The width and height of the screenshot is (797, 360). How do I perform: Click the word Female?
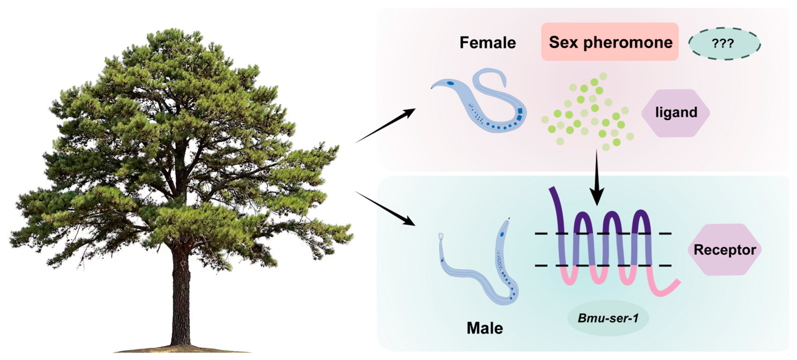tap(488, 43)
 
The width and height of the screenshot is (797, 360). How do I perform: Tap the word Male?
tap(484, 328)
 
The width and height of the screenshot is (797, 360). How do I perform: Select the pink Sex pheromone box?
tap(609, 42)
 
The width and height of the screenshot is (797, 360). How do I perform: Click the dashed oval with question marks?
tap(724, 44)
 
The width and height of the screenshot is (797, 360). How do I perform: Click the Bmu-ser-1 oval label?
tap(608, 318)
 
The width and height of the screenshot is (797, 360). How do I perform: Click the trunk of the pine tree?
tap(181, 297)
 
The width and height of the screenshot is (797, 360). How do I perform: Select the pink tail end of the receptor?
tap(668, 288)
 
